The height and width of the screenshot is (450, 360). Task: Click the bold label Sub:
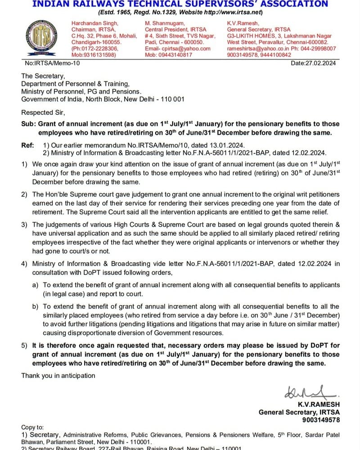tap(28, 124)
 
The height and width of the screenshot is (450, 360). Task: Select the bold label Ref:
tap(27, 145)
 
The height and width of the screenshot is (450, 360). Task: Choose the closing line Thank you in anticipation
tap(58, 375)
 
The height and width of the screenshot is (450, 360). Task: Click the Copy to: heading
tap(33, 427)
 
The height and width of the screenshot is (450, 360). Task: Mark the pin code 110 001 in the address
tap(171, 99)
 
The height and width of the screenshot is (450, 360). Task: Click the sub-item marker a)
tap(35, 285)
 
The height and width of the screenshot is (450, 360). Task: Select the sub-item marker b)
tap(35, 306)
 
